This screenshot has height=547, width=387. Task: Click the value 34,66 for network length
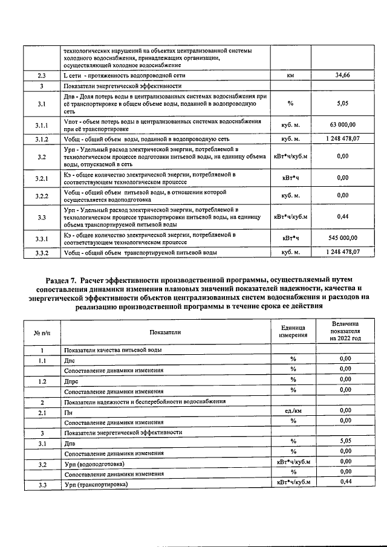pos(343,76)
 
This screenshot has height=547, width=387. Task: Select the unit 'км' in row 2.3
pos(290,76)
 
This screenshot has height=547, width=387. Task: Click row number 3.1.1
pos(42,125)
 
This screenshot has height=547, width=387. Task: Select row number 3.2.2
pos(42,196)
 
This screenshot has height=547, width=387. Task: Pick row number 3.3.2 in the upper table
pos(42,252)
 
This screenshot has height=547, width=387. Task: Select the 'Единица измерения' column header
pos(290,332)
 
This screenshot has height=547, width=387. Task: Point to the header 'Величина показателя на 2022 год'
pos(343,331)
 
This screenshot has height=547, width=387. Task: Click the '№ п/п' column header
pos(42,332)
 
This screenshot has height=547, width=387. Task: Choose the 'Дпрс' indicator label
pos(73,381)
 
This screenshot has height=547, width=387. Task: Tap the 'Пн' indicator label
pos(68,412)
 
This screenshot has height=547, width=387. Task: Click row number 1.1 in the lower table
pos(42,360)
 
